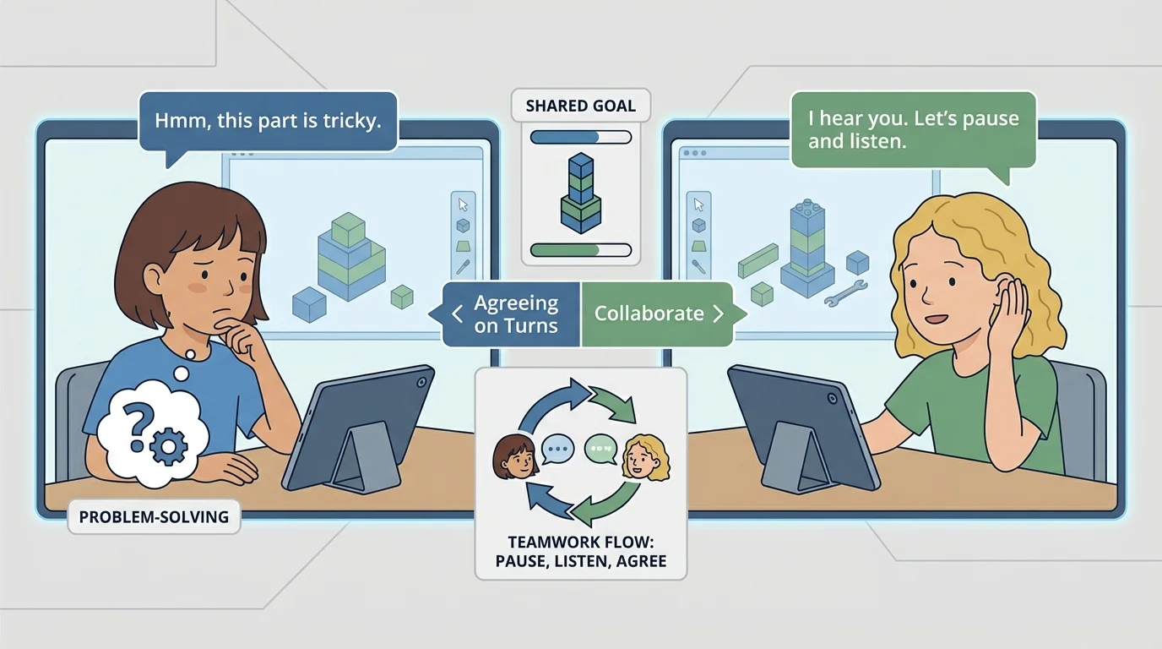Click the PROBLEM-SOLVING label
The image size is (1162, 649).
pyautogui.click(x=153, y=516)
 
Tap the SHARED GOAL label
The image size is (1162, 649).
pyautogui.click(x=580, y=106)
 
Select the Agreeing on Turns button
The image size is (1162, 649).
pyautogui.click(x=511, y=314)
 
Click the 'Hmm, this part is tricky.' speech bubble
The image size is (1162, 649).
pyautogui.click(x=268, y=121)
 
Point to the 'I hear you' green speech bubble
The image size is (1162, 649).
pyautogui.click(x=913, y=129)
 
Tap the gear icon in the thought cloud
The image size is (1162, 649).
pyautogui.click(x=171, y=444)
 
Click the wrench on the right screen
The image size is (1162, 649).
pyautogui.click(x=844, y=292)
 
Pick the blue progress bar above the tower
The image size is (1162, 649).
pyautogui.click(x=580, y=137)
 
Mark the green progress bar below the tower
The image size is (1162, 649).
pyautogui.click(x=580, y=249)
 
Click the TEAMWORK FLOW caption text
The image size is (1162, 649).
pyautogui.click(x=581, y=551)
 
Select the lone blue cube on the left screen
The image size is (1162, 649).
pyautogui.click(x=309, y=303)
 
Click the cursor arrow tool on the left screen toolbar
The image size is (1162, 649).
pyautogui.click(x=463, y=205)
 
